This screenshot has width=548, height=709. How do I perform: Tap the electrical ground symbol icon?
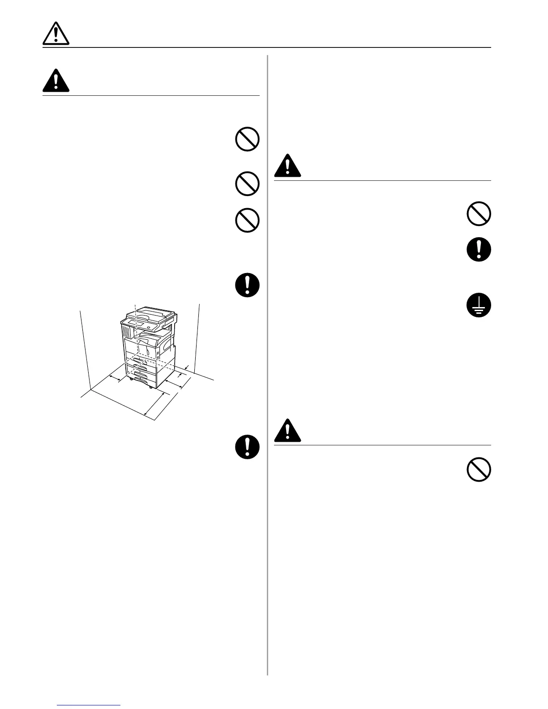(479, 306)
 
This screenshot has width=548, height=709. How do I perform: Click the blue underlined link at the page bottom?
(89, 705)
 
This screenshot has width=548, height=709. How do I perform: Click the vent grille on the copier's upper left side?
(126, 333)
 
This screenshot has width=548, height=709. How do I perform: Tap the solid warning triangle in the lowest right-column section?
(287, 430)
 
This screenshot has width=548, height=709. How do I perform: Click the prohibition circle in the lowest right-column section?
(479, 470)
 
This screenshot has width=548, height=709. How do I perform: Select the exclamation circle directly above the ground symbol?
(479, 250)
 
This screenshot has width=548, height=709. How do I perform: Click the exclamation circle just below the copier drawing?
(247, 446)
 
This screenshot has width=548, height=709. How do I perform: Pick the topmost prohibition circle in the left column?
(247, 140)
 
